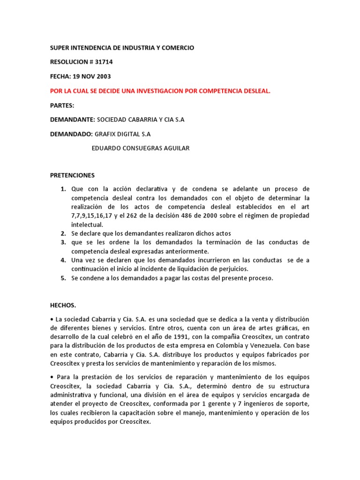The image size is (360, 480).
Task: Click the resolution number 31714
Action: click(103, 62)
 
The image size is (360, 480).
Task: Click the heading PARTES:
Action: click(62, 105)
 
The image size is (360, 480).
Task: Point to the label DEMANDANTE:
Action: click(73, 120)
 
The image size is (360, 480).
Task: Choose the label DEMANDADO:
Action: click(71, 134)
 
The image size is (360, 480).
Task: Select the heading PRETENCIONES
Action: click(72, 175)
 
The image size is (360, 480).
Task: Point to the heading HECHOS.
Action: click(63, 305)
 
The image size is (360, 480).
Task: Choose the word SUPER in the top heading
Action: click(59, 48)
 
